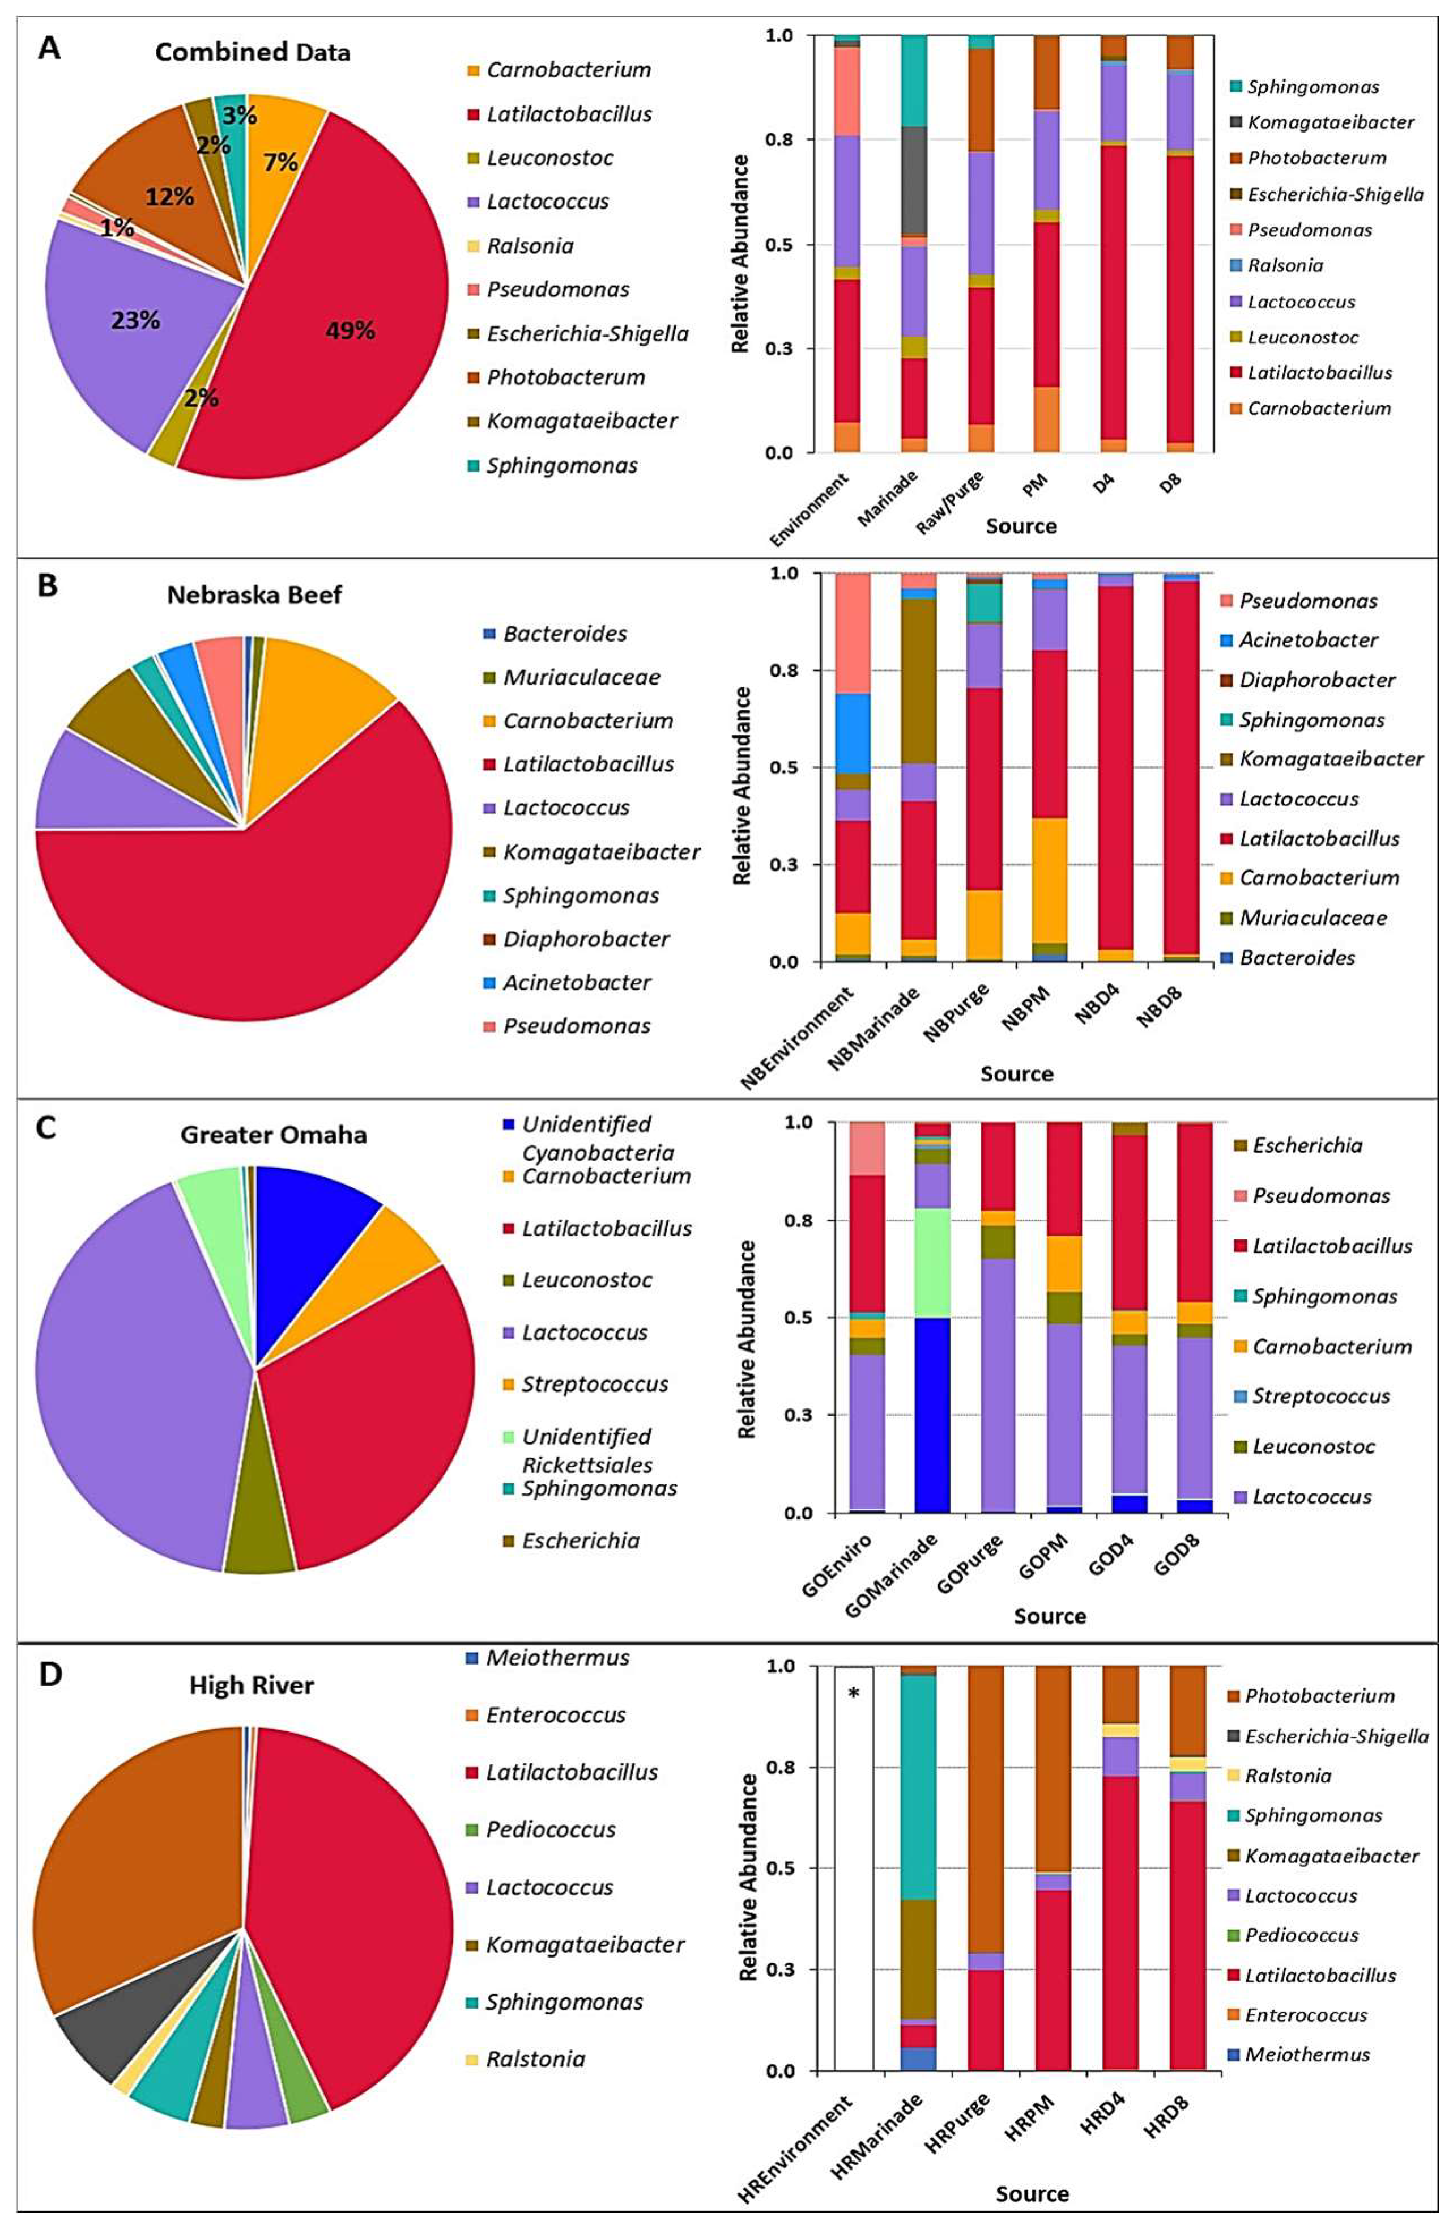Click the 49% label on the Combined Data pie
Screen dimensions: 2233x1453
tap(350, 330)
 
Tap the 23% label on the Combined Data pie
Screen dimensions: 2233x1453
tap(136, 321)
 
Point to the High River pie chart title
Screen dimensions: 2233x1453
tap(252, 1684)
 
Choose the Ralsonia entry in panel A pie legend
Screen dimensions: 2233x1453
tap(531, 246)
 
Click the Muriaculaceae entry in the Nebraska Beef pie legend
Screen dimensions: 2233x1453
tap(582, 677)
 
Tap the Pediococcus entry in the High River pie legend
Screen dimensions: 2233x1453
tap(551, 1829)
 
